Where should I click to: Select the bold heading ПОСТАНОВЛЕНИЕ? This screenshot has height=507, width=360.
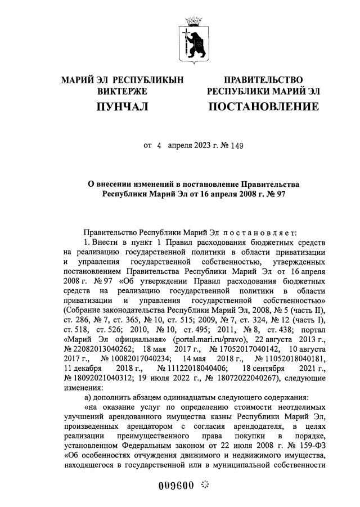pyautogui.click(x=263, y=106)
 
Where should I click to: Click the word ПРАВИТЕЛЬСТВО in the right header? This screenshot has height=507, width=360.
pyautogui.click(x=263, y=80)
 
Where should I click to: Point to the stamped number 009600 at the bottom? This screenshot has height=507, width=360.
pyautogui.click(x=175, y=486)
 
